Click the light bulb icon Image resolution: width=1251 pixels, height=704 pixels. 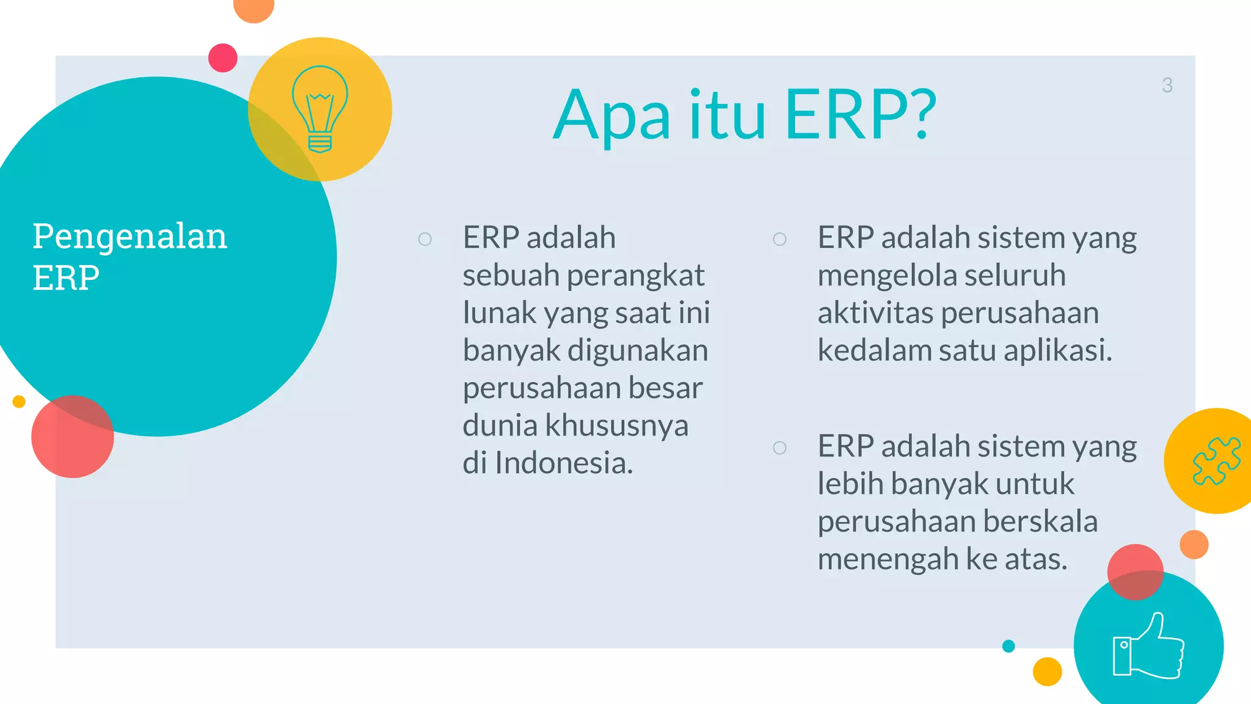[x=319, y=109]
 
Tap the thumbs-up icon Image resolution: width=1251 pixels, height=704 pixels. [x=1148, y=647]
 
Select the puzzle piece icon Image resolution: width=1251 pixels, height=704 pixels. [x=1216, y=461]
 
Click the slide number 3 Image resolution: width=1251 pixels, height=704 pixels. [x=1167, y=85]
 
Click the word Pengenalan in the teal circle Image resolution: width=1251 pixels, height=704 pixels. [x=129, y=237]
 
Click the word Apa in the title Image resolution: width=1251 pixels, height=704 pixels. [x=611, y=116]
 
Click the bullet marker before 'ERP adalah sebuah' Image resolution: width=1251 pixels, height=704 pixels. [x=425, y=239]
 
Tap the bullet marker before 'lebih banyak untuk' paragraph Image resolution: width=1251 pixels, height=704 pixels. [x=779, y=448]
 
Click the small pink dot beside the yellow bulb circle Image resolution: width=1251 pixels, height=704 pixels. [x=223, y=58]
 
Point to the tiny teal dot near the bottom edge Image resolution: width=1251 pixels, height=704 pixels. [x=1008, y=646]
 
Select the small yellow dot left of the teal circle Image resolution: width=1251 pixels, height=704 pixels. [x=19, y=402]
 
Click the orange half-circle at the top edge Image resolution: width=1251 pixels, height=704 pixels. [x=253, y=9]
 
